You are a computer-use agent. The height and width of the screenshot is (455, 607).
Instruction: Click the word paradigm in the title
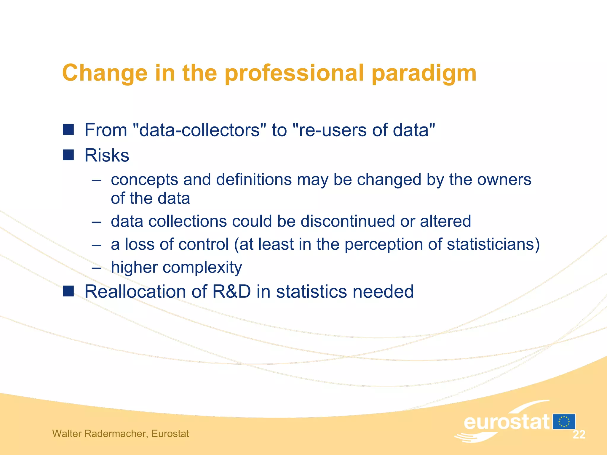pyautogui.click(x=424, y=73)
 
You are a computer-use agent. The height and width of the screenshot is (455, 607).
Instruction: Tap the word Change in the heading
pyautogui.click(x=105, y=73)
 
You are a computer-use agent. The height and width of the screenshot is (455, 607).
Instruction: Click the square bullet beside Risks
pyautogui.click(x=68, y=155)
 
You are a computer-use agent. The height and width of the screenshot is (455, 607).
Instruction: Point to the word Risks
pyautogui.click(x=107, y=155)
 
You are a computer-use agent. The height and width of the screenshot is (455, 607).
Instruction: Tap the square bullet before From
pyautogui.click(x=68, y=129)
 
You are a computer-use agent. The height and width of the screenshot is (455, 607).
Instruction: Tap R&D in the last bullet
pyautogui.click(x=231, y=291)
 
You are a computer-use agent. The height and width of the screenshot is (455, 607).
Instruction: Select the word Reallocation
pyautogui.click(x=135, y=291)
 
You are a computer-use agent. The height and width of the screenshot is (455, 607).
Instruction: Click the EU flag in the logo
pyautogui.click(x=564, y=422)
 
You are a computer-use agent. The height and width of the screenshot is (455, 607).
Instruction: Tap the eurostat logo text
pyautogui.click(x=506, y=422)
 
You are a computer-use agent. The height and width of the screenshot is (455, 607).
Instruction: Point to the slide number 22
pyautogui.click(x=579, y=435)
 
